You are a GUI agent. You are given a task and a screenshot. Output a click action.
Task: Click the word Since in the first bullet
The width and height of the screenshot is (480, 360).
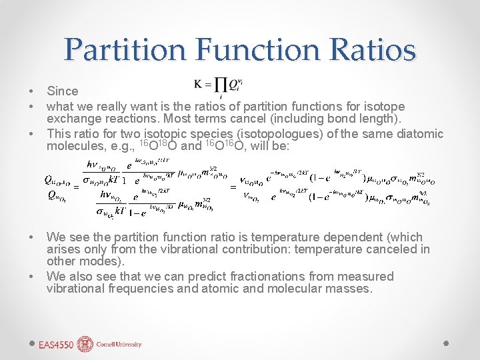click(62, 91)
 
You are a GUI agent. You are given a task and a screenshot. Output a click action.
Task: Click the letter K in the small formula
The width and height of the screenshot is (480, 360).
click(199, 83)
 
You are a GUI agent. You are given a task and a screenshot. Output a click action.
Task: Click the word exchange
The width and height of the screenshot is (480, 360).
click(72, 119)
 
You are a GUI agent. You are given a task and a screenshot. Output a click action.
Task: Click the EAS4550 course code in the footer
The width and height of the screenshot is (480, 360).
click(55, 345)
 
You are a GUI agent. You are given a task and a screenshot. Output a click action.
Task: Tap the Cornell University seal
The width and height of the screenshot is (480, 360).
click(85, 344)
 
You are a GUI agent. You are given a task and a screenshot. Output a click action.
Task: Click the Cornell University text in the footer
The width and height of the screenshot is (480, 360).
click(118, 345)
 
